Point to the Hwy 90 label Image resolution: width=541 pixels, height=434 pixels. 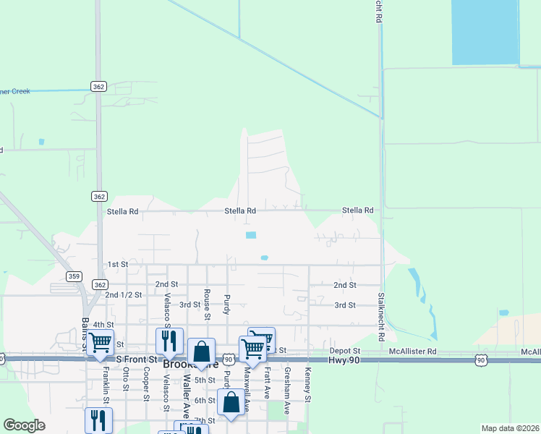coord(343,359)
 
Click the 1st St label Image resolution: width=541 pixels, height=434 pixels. coord(116,265)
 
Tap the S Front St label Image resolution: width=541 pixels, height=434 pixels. coord(136,359)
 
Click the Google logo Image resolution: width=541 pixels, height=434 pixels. coord(24,425)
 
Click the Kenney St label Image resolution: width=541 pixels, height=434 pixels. coord(307,385)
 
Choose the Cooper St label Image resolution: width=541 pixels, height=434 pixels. coord(146,383)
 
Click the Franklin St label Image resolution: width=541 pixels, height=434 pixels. coord(106,380)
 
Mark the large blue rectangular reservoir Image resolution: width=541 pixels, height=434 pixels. coord(485,32)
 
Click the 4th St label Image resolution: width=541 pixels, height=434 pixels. coord(103,325)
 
